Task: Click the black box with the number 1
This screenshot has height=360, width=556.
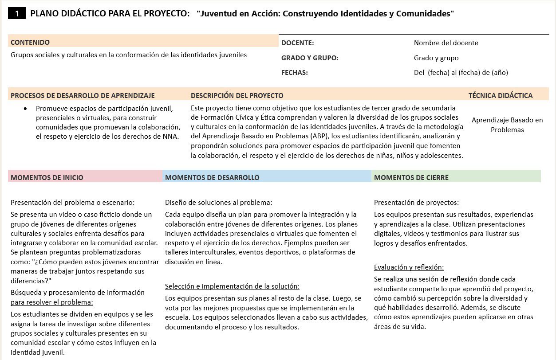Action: tap(17, 14)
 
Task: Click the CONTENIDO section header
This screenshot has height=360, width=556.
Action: tap(30, 43)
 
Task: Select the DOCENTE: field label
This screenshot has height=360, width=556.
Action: tap(298, 43)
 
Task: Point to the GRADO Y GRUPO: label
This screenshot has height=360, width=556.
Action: tap(310, 58)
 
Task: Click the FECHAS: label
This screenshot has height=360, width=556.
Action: tap(295, 73)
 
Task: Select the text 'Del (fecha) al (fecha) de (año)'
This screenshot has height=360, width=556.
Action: tap(461, 73)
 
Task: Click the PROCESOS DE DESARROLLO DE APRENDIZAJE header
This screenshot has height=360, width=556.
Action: tap(83, 96)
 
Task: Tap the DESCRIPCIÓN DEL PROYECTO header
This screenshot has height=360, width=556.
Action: tap(237, 96)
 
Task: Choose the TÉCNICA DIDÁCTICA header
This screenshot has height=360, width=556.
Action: tap(501, 96)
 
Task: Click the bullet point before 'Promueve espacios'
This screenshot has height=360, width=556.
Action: tap(26, 109)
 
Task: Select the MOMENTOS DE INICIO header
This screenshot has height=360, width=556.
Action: tap(47, 178)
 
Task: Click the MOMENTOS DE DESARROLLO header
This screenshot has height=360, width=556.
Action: tap(212, 178)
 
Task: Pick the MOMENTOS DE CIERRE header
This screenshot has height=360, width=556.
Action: tap(411, 178)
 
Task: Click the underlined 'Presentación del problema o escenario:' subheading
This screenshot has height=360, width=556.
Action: tap(72, 203)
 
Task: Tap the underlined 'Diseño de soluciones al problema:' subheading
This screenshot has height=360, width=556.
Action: tap(219, 203)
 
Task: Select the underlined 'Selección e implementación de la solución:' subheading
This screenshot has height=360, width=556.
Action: tap(232, 286)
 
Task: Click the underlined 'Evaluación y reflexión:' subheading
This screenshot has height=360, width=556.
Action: tap(409, 267)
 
